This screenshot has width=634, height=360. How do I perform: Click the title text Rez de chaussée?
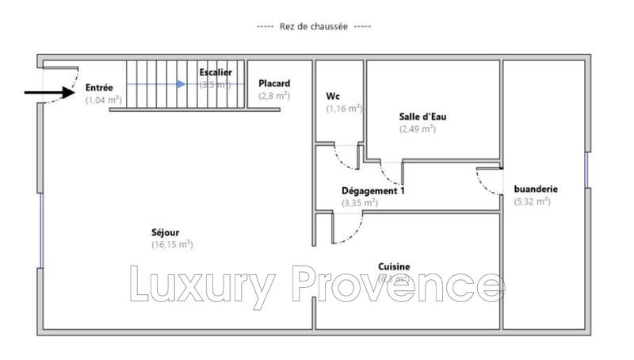pyautogui.click(x=314, y=26)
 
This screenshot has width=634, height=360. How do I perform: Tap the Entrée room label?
pyautogui.click(x=100, y=87)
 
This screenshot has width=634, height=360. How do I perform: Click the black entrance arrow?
pyautogui.click(x=48, y=93)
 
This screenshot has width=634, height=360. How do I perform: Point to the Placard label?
pyautogui.click(x=274, y=83)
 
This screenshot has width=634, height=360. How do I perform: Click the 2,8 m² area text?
pyautogui.click(x=274, y=96)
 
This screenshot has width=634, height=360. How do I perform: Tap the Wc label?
pyautogui.click(x=333, y=96)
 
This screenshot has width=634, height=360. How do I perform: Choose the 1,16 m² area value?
pyautogui.click(x=344, y=109)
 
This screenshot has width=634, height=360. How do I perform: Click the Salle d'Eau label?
pyautogui.click(x=428, y=116)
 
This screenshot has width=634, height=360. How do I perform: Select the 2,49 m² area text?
pyautogui.click(x=417, y=128)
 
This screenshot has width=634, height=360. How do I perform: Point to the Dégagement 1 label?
pyautogui.click(x=373, y=190)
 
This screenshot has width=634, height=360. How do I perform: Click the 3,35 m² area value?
pyautogui.click(x=360, y=203)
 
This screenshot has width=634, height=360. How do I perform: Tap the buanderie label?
pyautogui.click(x=537, y=189)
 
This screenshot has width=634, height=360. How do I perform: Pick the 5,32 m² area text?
pyautogui.click(x=532, y=201)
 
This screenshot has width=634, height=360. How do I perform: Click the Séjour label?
pyautogui.click(x=165, y=232)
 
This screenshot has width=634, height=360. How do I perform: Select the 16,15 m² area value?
pyautogui.click(x=172, y=245)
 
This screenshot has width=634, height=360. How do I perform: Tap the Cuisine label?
pyautogui.click(x=394, y=267)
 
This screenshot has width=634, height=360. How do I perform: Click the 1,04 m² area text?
pyautogui.click(x=104, y=100)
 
